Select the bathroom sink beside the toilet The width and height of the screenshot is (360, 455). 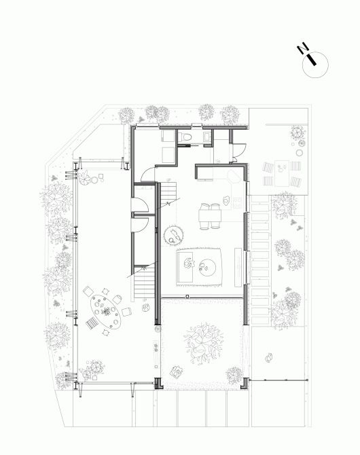point(207,136)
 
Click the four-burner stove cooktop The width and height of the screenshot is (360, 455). point(238,202)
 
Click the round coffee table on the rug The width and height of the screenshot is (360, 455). point(208,268)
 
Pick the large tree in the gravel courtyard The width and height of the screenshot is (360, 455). point(204,342)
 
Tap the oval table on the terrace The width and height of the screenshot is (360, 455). point(105,312)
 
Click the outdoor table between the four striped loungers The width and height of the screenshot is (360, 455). point(282,173)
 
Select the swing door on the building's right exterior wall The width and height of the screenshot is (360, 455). point(238,151)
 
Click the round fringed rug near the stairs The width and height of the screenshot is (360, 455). point(173,234)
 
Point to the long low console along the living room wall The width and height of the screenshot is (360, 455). point(238,267)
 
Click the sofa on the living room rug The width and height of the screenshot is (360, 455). point(185,267)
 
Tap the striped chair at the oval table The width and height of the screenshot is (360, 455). point(92,323)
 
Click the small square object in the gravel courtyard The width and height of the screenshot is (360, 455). point(176,371)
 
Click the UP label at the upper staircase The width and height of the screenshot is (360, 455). point(168,180)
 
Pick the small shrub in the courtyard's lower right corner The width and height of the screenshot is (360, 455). point(234,375)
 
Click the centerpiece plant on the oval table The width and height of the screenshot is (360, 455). point(106,311)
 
